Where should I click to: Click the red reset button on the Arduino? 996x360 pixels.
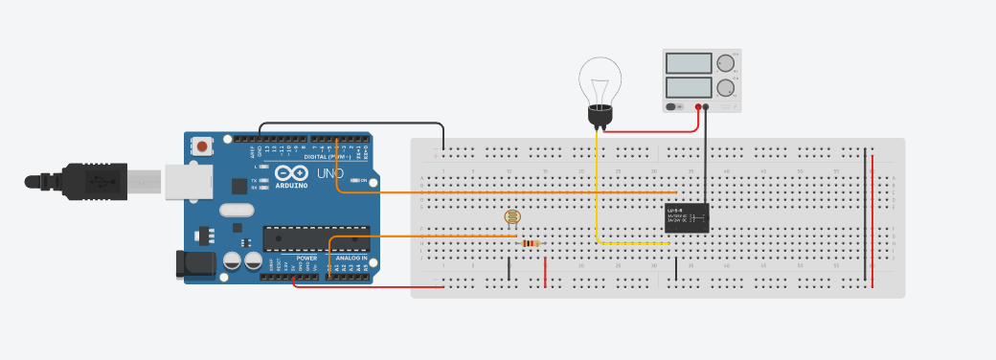point(203,146)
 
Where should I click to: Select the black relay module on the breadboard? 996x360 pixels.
point(687,218)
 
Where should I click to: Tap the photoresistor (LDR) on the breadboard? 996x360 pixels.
point(513,217)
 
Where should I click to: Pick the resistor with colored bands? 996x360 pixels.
point(531,243)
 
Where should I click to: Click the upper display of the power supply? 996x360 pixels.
point(689,63)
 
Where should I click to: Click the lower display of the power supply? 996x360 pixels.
point(689,88)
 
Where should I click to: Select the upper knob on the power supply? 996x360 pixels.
point(726,63)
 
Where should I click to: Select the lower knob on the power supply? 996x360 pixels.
point(726,88)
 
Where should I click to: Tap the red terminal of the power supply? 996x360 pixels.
point(699,107)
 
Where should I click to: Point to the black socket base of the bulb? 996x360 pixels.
point(600,115)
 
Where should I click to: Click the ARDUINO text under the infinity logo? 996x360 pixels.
point(291,186)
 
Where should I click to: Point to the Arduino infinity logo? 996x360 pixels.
point(290,174)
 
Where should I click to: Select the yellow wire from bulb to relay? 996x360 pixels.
point(597,191)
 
